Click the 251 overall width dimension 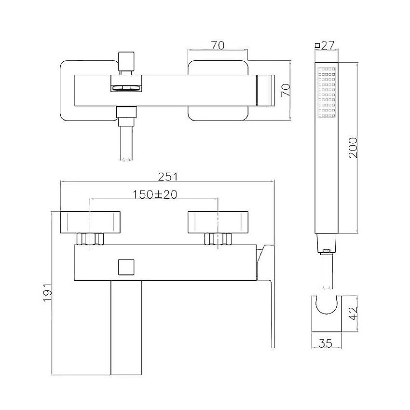point(167,177)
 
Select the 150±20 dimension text point(155,194)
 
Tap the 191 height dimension point(48,292)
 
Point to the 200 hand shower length point(353,148)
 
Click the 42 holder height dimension point(353,313)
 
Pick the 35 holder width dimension point(326,343)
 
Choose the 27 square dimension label point(328,45)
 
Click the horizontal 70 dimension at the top point(218,45)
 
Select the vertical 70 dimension point(286,90)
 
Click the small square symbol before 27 point(317,45)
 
